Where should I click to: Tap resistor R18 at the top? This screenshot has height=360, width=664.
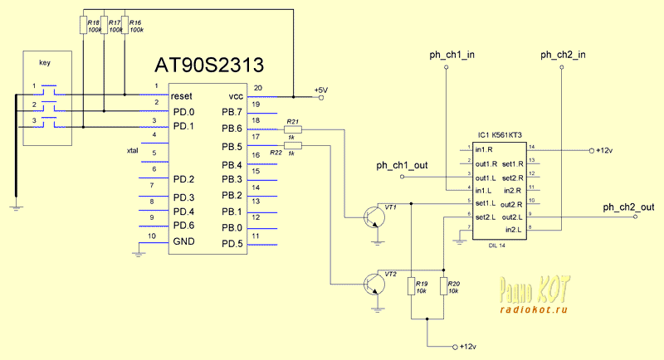point(84,25)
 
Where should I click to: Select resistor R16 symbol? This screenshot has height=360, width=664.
point(125,25)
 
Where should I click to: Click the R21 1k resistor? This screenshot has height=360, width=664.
point(293,129)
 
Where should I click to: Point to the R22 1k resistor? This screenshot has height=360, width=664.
point(293,146)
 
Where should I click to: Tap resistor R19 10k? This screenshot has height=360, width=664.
point(412,288)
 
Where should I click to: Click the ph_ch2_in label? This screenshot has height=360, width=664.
point(564,56)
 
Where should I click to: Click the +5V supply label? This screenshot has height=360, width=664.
point(320,90)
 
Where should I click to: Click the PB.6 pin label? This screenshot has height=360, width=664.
point(232,129)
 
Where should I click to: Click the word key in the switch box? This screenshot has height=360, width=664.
point(45,62)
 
